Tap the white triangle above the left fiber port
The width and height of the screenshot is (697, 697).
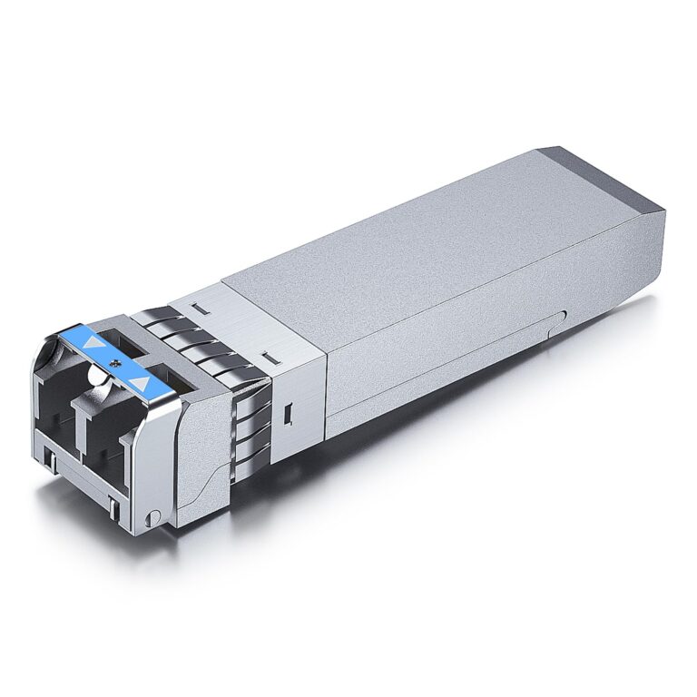[91, 345]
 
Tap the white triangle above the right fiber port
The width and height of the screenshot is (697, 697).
[139, 382]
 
